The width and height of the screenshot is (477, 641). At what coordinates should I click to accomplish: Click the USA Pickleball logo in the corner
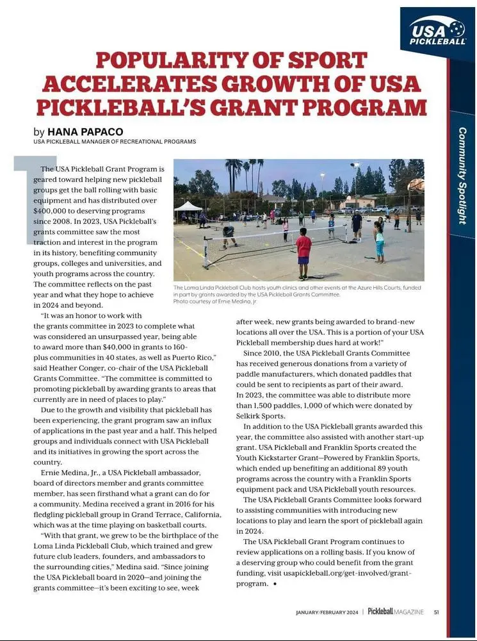click(438, 31)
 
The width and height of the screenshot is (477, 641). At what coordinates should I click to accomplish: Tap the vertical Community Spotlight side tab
click(462, 175)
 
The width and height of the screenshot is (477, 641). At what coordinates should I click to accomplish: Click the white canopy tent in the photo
click(188, 207)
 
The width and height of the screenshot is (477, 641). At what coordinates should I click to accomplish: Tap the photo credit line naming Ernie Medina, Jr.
click(214, 301)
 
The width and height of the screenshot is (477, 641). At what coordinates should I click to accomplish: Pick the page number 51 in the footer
click(436, 611)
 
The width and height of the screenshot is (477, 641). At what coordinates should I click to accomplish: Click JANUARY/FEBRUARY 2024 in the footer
click(327, 612)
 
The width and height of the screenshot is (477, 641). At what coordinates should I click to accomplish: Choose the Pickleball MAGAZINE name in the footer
click(396, 611)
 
